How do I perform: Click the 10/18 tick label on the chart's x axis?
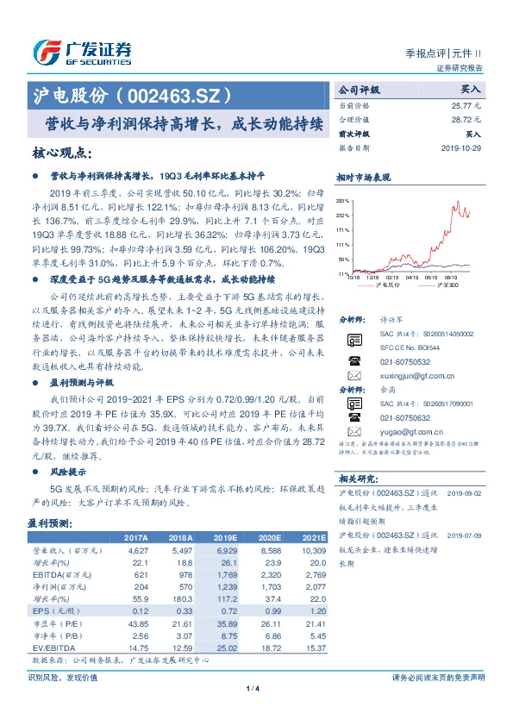click(x=354, y=278)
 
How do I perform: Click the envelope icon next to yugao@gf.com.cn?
click(x=354, y=431)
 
